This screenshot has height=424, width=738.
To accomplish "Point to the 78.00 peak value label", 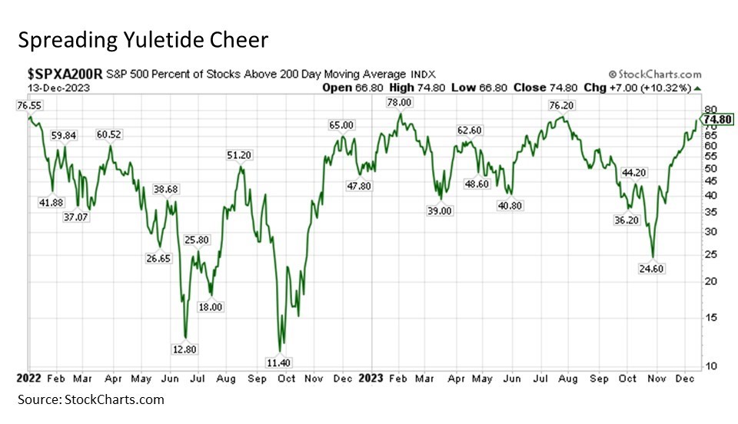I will (x=398, y=102).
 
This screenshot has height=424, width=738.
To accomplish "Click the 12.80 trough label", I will (x=184, y=348).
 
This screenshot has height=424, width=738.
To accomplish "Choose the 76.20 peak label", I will (x=563, y=105).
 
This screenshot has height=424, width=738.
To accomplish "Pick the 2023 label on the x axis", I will (x=371, y=379).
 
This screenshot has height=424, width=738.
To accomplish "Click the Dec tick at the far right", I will (x=682, y=379).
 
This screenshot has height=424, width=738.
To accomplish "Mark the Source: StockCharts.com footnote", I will (x=91, y=399).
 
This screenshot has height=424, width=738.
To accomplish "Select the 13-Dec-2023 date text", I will (x=48, y=88).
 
